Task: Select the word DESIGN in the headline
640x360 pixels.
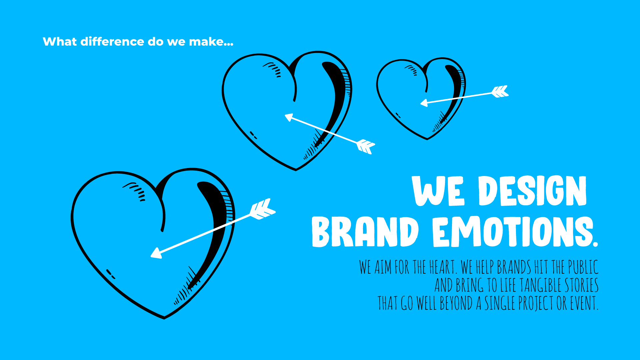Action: pos(532,191)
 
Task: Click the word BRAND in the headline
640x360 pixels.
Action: pos(365,232)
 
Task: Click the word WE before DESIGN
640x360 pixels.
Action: pos(438,191)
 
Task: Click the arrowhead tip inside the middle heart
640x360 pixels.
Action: pos(285,115)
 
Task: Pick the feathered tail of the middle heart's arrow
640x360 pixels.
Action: pos(366,147)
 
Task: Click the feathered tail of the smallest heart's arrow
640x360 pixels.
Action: pos(500,92)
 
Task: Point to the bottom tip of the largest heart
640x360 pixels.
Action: pos(164,319)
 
